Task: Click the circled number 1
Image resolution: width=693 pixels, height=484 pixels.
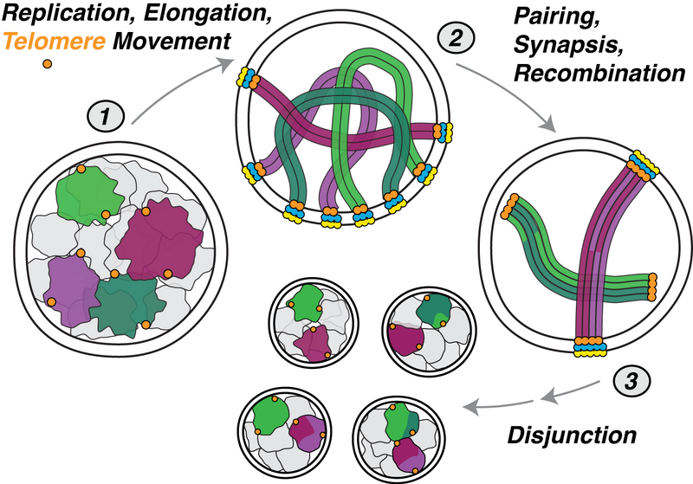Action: tap(105, 115)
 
